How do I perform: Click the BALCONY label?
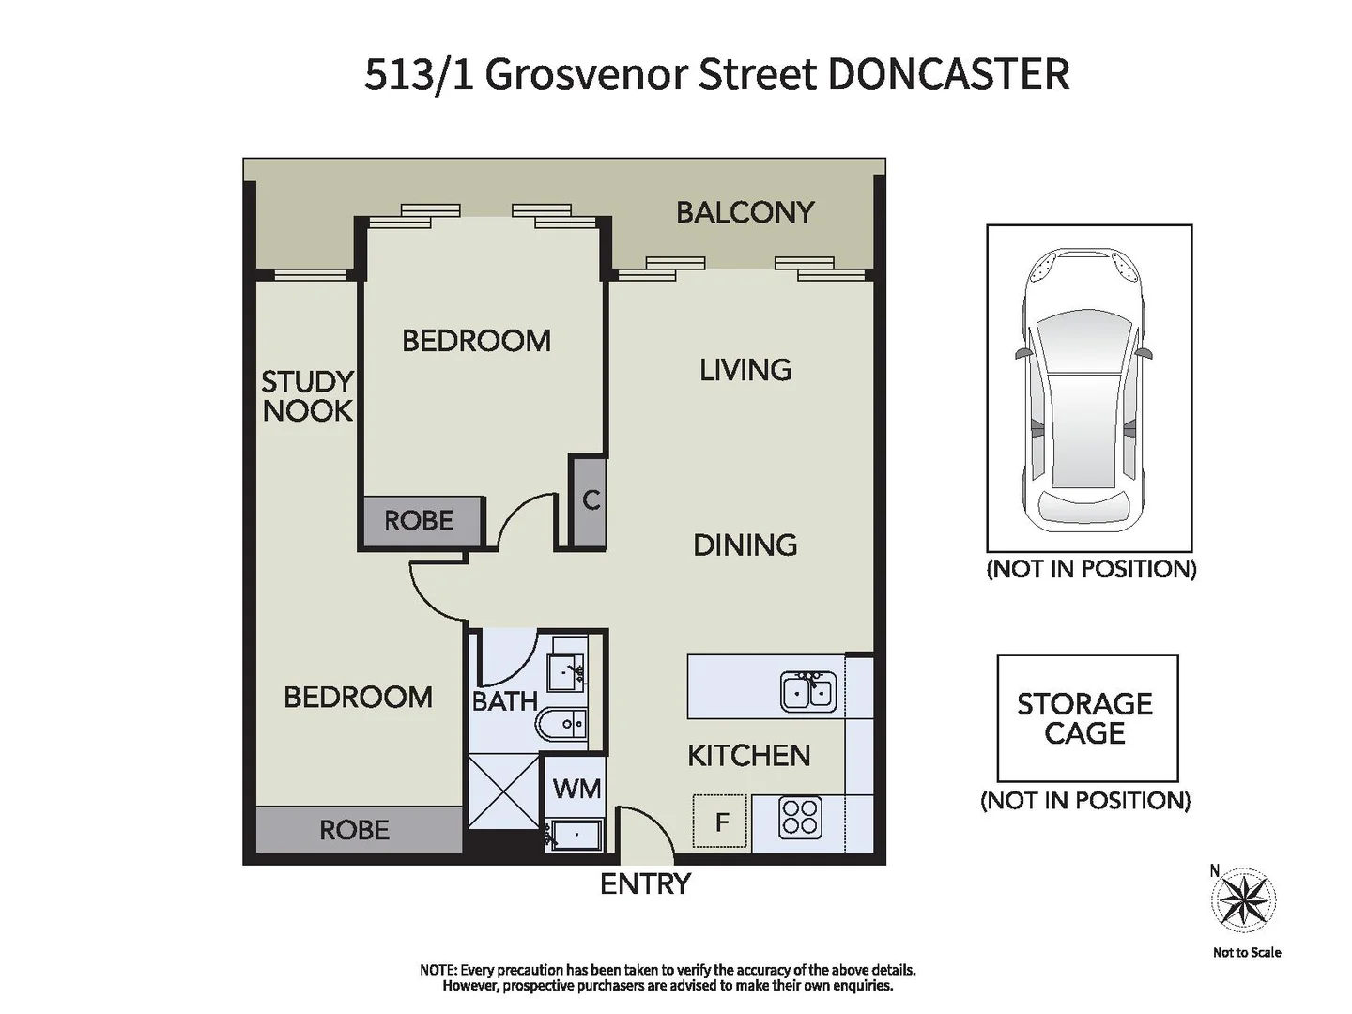point(745,212)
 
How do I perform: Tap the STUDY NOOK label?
point(307,395)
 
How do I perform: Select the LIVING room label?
point(745,370)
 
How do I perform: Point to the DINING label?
point(745,545)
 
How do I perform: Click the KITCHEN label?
point(748,755)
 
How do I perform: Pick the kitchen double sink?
point(808,691)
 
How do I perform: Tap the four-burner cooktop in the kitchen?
point(800,817)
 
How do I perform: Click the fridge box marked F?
point(720,822)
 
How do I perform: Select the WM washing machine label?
point(576,788)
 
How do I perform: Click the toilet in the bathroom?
point(561,724)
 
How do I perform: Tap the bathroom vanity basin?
point(567,671)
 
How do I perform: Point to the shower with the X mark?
point(504,791)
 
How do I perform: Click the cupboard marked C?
point(590,500)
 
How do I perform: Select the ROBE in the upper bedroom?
point(420,520)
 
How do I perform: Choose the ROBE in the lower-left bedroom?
point(356,829)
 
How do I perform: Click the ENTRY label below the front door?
point(645,883)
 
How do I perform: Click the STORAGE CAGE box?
point(1086,718)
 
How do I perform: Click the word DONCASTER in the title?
point(948,74)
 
